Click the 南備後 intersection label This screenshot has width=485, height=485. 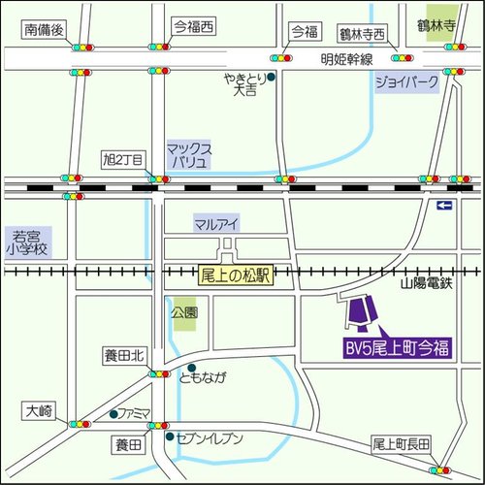44,30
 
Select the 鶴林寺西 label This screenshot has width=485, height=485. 362,33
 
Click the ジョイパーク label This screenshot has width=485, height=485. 406,83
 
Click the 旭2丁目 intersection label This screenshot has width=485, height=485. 123,158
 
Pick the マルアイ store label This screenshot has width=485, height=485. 217,223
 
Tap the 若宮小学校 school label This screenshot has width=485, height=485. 30,242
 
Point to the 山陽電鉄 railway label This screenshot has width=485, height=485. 427,282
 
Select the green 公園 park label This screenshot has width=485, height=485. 184,313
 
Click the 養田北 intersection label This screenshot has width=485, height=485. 124,356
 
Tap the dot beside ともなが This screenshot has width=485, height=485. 170,377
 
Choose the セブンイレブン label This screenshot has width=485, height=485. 209,438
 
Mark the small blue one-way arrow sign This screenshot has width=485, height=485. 444,205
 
